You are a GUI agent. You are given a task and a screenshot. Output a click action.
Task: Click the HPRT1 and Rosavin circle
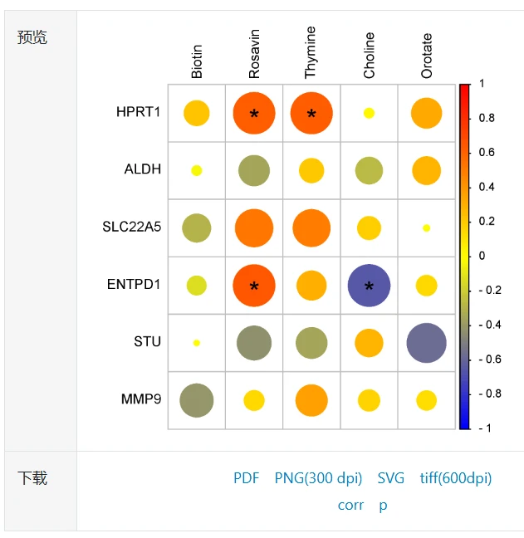[x=254, y=113]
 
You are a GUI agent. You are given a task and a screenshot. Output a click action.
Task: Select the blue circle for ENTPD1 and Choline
[x=369, y=285]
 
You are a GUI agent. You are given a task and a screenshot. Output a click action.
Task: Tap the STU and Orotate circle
[x=427, y=343]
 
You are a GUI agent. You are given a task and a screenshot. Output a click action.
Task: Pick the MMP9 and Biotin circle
[x=197, y=400]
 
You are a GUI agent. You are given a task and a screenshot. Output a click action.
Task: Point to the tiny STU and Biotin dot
[x=197, y=342]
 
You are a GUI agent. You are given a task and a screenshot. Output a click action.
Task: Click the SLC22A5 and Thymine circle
[x=311, y=228]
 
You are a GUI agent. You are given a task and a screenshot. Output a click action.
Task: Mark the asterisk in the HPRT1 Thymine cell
[x=311, y=115]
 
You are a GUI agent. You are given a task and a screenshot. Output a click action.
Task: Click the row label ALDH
[x=143, y=169]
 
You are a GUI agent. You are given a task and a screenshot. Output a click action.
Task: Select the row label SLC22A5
[x=132, y=227]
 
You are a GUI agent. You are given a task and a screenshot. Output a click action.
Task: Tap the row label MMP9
[x=141, y=399]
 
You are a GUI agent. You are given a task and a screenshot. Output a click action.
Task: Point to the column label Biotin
[x=197, y=62]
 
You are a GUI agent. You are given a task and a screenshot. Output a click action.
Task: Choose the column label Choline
[x=369, y=56]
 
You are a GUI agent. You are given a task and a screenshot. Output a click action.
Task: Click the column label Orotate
[x=427, y=56]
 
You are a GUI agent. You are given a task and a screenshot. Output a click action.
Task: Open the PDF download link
[x=246, y=478]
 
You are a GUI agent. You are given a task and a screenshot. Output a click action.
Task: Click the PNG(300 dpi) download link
[x=319, y=478]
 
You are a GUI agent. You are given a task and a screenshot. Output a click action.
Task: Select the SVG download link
[x=391, y=478]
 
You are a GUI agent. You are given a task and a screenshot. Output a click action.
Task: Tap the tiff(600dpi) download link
[x=456, y=478]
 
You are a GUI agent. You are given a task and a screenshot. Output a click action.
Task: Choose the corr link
[x=350, y=505]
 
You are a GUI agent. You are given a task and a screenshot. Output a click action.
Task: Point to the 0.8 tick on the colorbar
[x=487, y=118]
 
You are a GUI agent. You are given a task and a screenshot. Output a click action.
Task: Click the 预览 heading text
[x=32, y=37]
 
